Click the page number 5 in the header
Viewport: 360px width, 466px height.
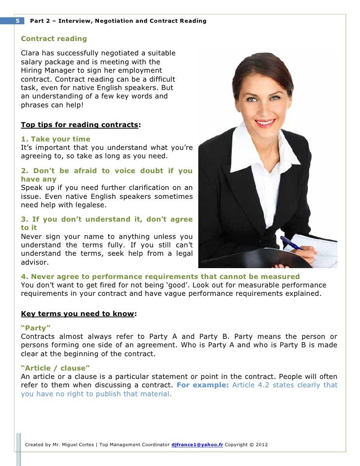(x=18, y=21)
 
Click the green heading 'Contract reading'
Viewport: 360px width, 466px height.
(x=53, y=39)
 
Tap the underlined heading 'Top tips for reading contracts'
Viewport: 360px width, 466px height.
(x=79, y=125)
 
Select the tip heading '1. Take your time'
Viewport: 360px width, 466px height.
(x=55, y=139)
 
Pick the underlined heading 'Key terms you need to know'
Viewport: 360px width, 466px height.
(x=77, y=314)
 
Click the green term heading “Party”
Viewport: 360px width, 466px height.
(x=36, y=328)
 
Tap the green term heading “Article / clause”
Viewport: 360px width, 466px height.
(x=55, y=368)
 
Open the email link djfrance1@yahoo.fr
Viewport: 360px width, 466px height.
(x=197, y=445)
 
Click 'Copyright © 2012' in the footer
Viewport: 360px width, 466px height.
(x=246, y=445)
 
